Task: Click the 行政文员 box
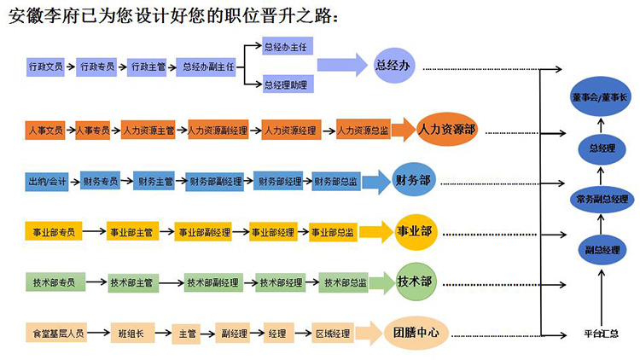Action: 46,66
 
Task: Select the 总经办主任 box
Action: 286,48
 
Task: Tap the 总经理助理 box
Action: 286,84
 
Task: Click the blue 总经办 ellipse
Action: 393,66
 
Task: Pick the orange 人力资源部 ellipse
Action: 447,131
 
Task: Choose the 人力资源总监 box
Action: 363,131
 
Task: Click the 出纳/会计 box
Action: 47,181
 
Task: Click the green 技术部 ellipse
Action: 415,282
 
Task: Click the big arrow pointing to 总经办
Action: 341,66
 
